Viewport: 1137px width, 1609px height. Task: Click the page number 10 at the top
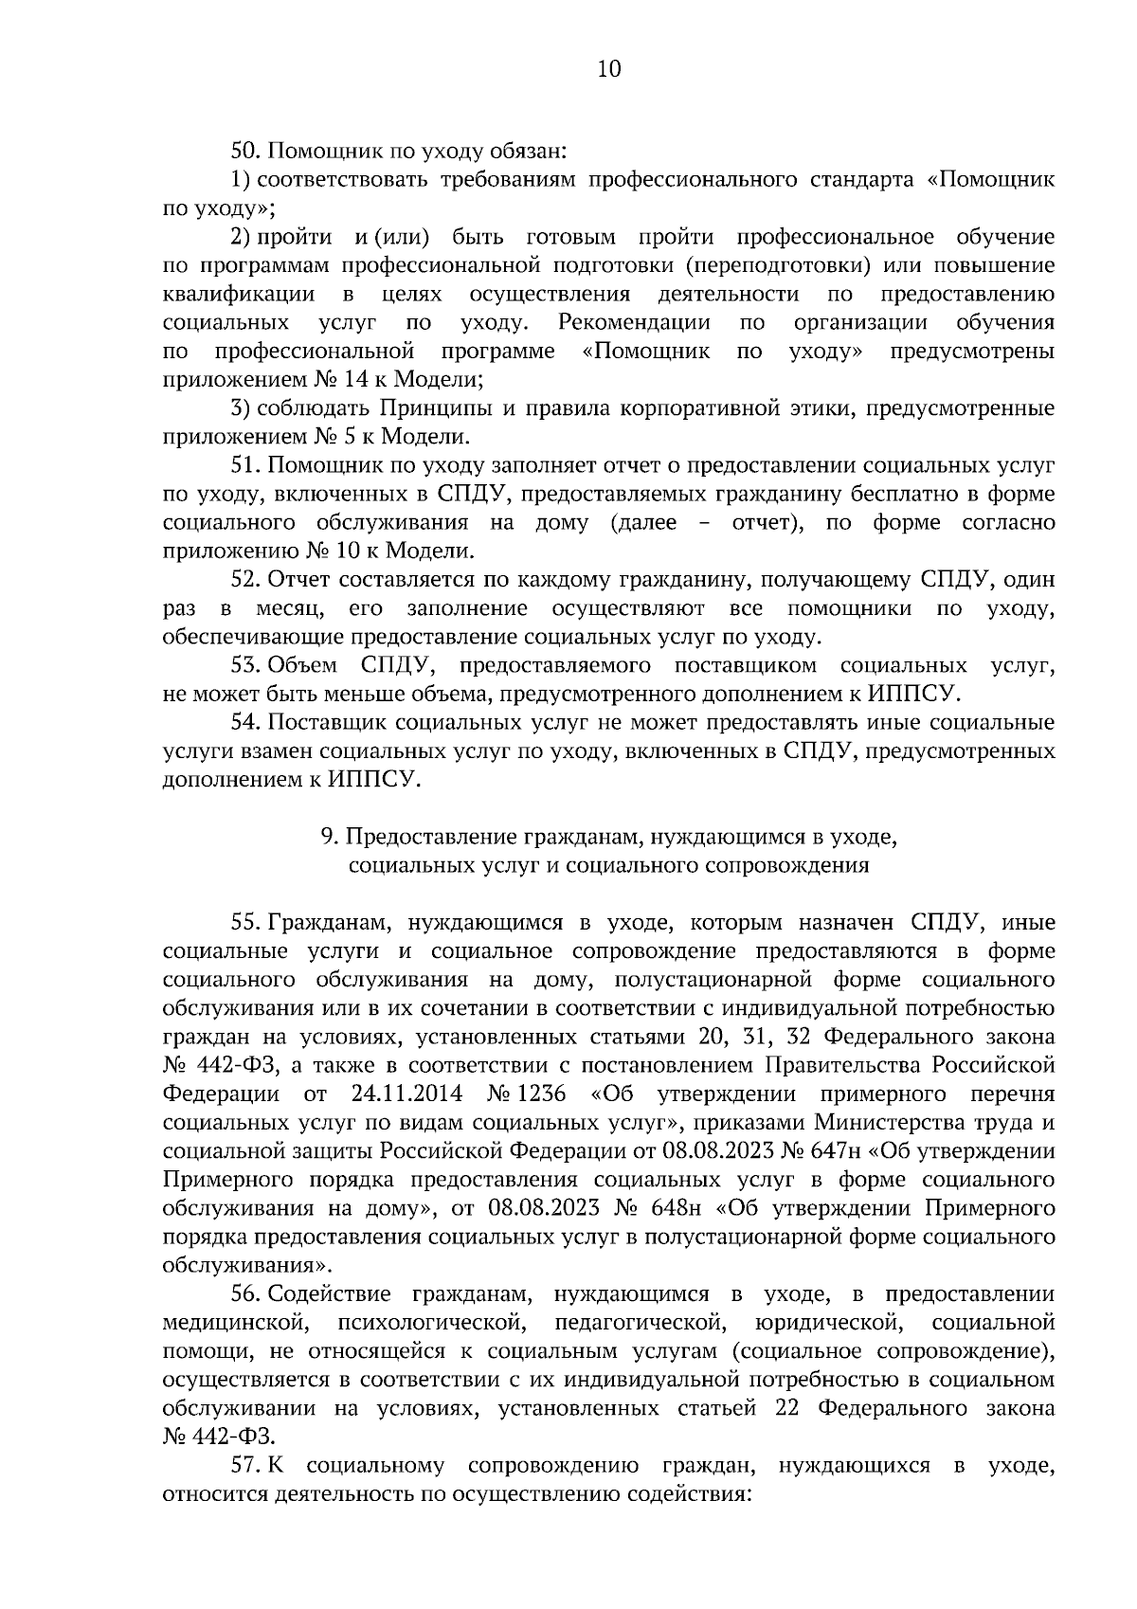(608, 69)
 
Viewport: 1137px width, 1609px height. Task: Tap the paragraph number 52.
(247, 579)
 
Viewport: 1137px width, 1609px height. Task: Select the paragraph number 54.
(247, 723)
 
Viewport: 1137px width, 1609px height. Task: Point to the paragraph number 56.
(247, 1294)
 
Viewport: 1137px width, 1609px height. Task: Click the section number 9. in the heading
(330, 837)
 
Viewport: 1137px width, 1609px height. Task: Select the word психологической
(424, 1323)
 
